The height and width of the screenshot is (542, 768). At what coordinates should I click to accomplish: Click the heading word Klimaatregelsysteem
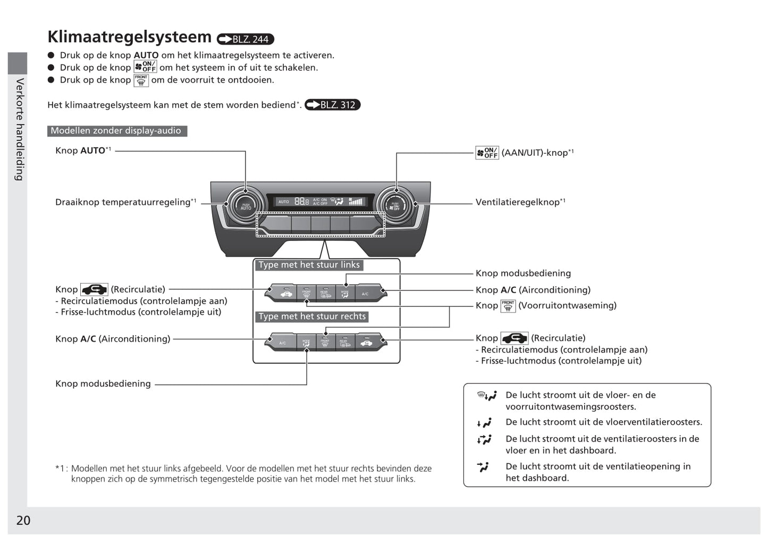(129, 37)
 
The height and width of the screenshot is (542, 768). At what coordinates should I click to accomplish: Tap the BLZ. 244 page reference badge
(245, 39)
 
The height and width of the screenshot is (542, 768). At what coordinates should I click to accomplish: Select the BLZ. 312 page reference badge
(332, 105)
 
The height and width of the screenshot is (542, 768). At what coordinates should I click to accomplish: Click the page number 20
(23, 520)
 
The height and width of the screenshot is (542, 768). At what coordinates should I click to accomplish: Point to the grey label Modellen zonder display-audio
(116, 131)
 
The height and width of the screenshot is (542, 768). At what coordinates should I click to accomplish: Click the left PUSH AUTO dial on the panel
(246, 206)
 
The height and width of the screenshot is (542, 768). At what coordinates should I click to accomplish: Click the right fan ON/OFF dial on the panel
(395, 206)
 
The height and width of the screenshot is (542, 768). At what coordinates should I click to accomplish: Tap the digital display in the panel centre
(320, 202)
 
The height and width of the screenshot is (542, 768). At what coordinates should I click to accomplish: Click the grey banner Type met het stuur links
(309, 265)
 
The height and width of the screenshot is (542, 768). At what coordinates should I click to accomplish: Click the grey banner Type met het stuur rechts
(312, 316)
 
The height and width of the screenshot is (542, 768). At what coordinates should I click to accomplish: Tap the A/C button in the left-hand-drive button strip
(365, 294)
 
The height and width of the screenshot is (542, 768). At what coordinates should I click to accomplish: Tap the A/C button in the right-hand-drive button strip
(282, 343)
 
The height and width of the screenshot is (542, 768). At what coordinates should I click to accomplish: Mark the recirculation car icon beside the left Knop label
(94, 289)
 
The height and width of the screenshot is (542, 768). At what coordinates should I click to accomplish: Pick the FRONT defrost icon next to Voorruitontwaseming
(508, 306)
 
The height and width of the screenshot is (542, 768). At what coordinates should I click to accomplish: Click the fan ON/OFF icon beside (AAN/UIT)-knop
(487, 153)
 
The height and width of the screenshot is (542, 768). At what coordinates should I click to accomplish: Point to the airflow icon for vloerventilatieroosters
(484, 423)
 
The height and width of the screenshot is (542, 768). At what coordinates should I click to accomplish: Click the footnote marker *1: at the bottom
(62, 469)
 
